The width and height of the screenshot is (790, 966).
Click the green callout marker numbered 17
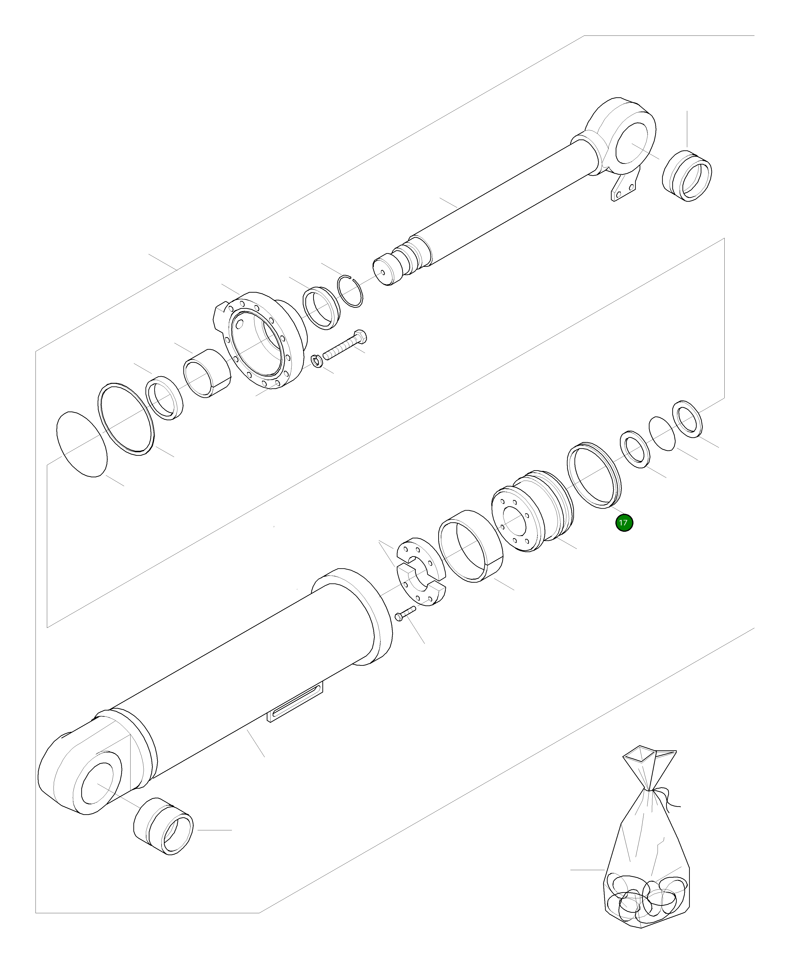pos(624,523)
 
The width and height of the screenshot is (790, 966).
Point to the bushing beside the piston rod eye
pos(687,175)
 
